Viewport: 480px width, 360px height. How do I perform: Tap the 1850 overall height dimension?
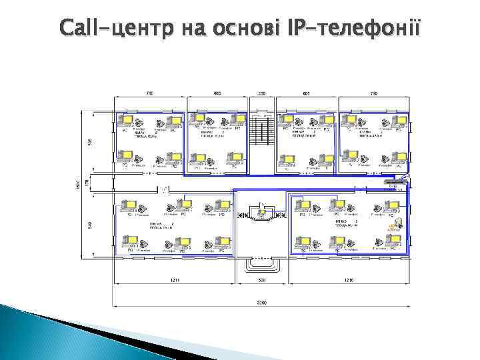click(x=78, y=183)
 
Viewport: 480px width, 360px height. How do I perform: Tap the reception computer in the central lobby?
click(x=262, y=212)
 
